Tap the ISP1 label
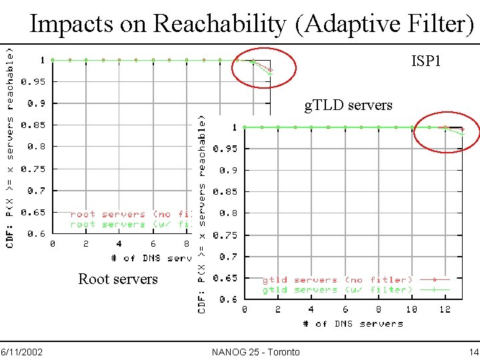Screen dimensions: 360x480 click(426, 61)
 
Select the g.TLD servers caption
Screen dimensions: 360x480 click(348, 105)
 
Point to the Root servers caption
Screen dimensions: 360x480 click(118, 279)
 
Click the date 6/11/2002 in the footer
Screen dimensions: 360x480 click(22, 351)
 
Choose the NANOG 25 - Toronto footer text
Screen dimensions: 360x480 click(255, 351)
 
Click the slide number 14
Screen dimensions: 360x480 click(473, 351)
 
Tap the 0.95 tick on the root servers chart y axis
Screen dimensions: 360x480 click(33, 82)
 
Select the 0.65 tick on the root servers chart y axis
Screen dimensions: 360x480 click(33, 213)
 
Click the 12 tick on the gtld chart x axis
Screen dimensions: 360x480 click(446, 310)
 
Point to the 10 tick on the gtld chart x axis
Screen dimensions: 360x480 click(412, 310)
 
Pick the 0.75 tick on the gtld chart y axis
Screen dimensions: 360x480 click(225, 235)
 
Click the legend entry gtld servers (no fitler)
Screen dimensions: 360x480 click(337, 280)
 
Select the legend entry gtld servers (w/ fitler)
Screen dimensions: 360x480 click(337, 290)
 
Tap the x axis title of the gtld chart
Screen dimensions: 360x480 click(353, 323)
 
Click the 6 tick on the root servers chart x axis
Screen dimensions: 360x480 click(153, 244)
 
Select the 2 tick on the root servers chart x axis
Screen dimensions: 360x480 click(86, 244)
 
